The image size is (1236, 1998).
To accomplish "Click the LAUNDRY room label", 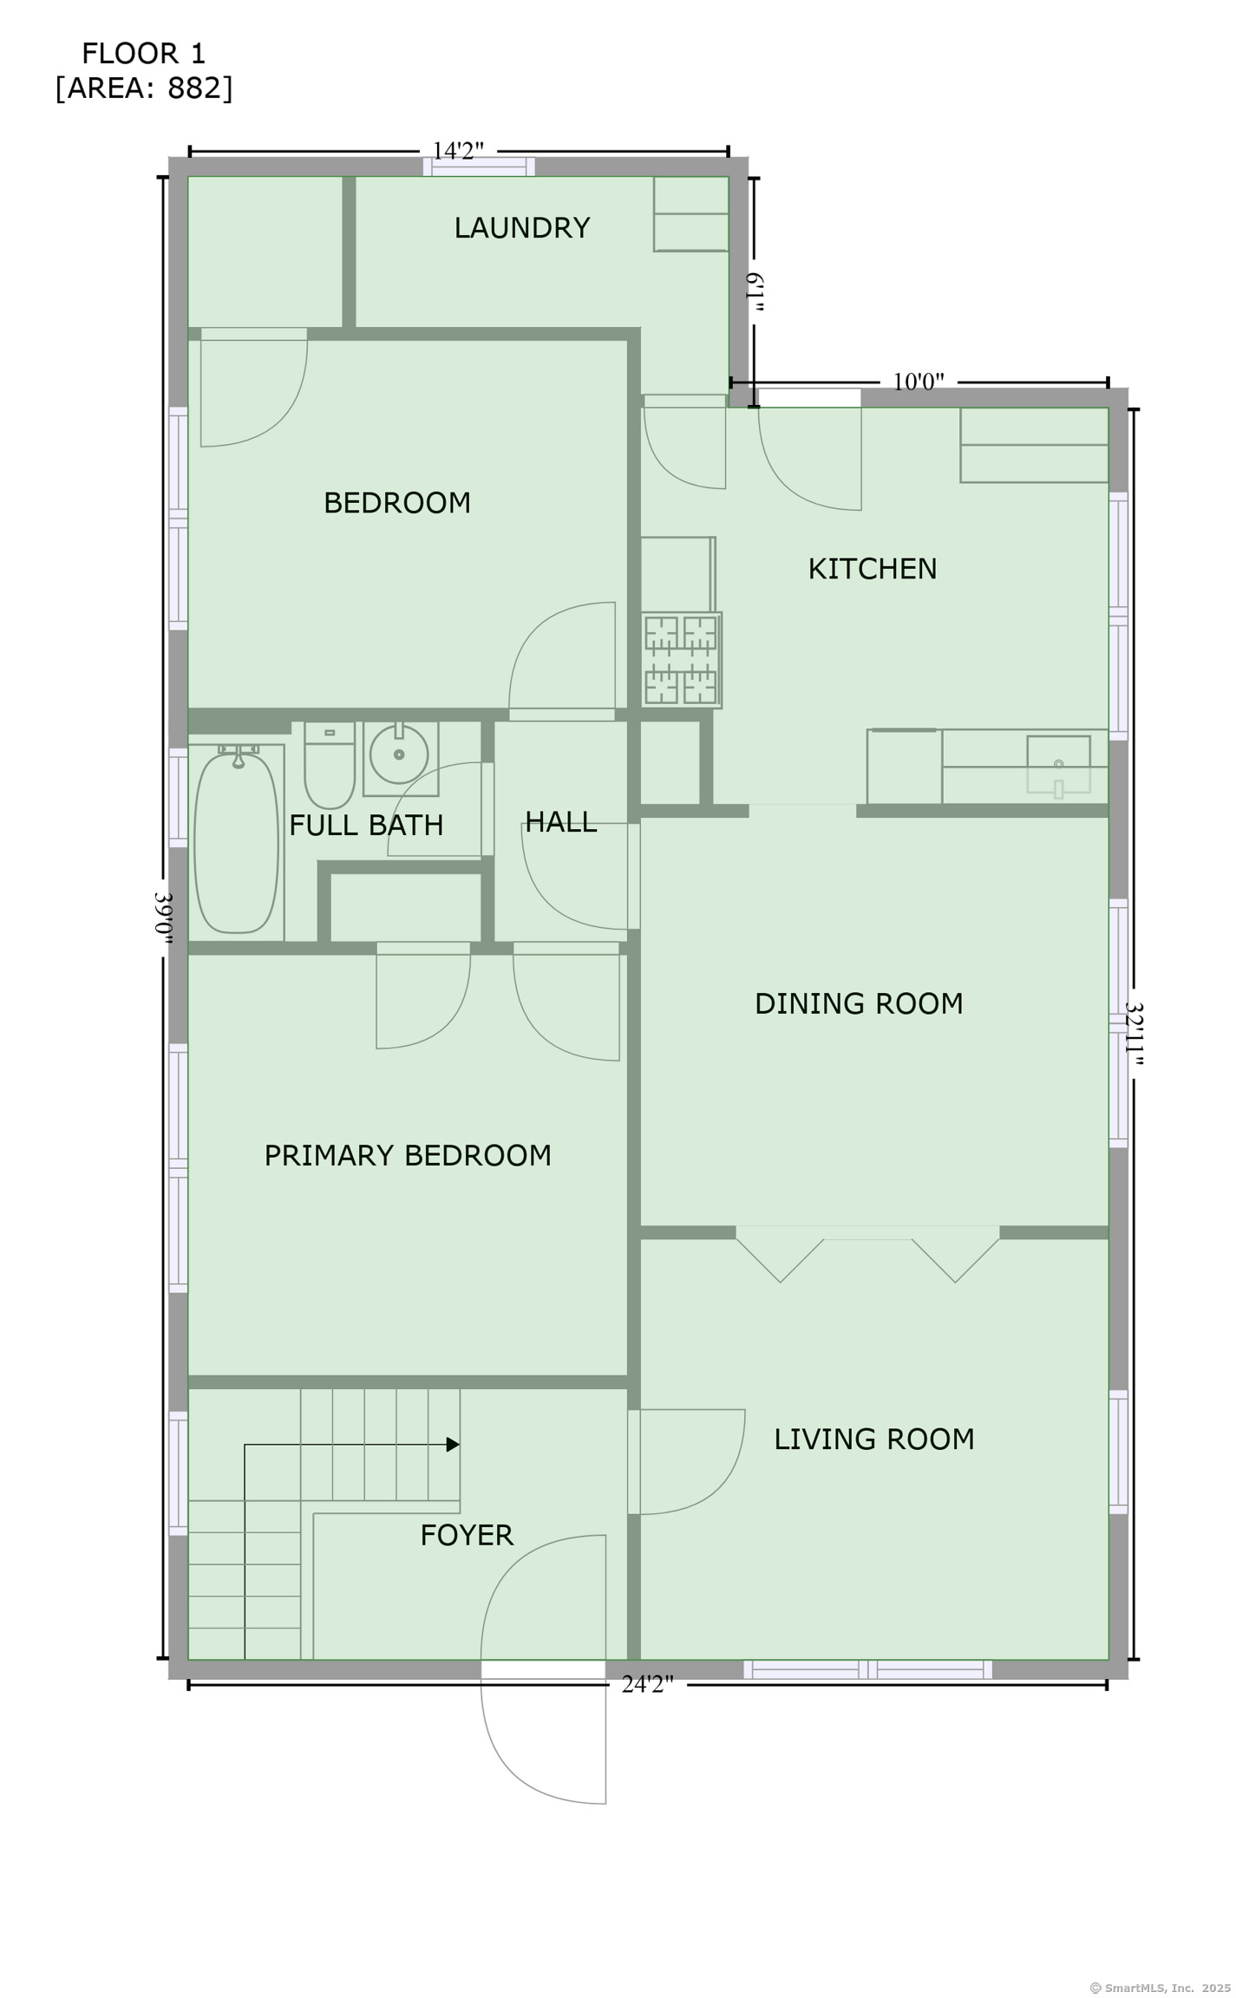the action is coord(522,228).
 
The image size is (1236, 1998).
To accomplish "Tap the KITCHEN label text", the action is coord(873,569).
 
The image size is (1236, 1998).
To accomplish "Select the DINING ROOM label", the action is coord(859,1003).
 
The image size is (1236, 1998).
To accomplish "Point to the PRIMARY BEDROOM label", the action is coord(408,1155).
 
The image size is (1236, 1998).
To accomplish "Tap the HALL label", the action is coord(561,822).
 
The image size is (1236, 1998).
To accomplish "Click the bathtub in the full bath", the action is coord(236,842).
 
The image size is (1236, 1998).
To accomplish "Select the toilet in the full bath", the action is coord(330,765).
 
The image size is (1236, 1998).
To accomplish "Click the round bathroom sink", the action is coord(399,754).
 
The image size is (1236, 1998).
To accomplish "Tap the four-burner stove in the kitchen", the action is coord(682,660).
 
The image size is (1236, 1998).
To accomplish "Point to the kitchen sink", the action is coord(1058,765).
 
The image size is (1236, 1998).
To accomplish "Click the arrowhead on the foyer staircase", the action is coord(453,1445).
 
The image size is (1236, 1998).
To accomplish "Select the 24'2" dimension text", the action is coord(647,1684).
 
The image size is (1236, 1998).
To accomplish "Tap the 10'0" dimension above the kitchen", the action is coord(919,382).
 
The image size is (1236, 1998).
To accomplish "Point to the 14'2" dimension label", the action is coord(458,151).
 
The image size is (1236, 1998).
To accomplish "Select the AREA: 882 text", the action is coord(144,88).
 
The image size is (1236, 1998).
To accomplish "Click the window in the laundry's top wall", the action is coord(479,166).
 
